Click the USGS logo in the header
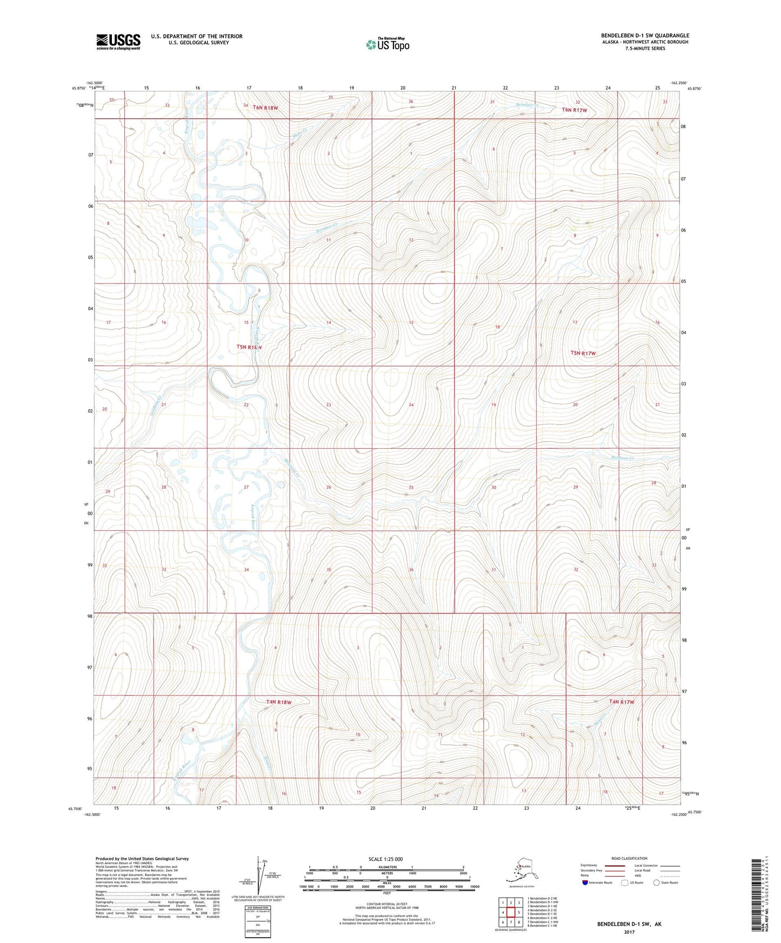point(118,42)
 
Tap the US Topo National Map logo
point(387,44)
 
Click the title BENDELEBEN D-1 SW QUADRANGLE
point(645,36)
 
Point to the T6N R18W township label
point(265,107)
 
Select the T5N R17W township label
point(583,353)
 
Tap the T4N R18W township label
point(279,702)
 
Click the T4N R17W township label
point(621,702)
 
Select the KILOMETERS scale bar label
point(386,867)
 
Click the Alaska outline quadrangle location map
point(522,870)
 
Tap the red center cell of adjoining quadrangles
point(510,912)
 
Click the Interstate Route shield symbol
point(585,883)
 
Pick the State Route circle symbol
point(657,883)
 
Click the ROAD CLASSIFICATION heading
point(629,858)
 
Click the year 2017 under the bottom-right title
point(629,932)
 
